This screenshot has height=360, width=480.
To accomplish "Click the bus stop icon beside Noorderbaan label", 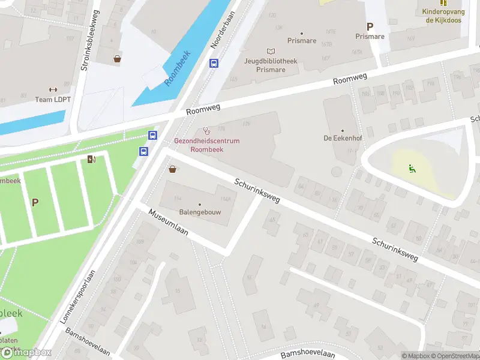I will tap(213, 63).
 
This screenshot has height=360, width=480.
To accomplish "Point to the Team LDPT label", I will tap(53, 99).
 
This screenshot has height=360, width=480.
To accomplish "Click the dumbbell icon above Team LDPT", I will tap(53, 89).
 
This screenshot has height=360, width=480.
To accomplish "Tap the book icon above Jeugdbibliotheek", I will tap(271, 52).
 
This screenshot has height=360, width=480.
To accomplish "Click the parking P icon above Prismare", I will tap(370, 26).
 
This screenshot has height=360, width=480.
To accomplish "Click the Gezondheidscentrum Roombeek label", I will tap(206, 145).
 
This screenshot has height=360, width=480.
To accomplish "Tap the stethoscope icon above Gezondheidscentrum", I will tap(207, 130).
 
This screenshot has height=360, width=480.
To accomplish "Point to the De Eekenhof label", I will tap(342, 138).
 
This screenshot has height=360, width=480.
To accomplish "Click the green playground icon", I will tap(412, 168).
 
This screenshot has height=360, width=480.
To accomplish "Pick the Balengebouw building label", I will tap(200, 212).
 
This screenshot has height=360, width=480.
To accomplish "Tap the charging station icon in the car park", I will tap(91, 159).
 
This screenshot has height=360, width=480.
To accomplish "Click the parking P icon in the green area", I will tap(35, 202).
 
